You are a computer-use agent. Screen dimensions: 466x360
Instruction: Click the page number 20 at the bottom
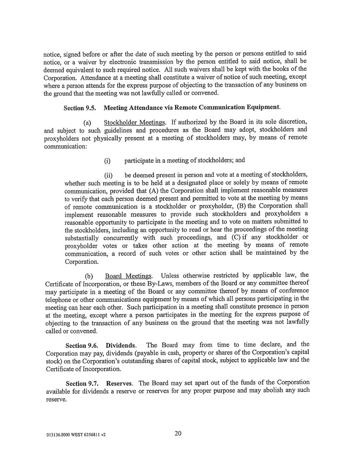(178, 433)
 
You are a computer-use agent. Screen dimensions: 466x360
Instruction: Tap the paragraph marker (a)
(88, 123)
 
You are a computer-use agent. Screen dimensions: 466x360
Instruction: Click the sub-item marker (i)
(107, 161)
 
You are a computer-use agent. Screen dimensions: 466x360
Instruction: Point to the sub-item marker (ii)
(108, 176)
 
